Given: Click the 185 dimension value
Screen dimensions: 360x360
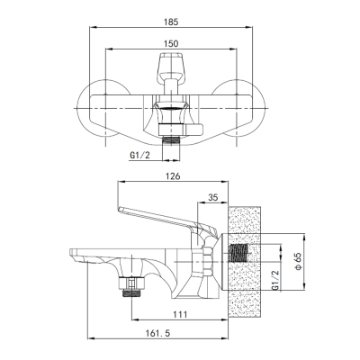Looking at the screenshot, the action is (x=171, y=22).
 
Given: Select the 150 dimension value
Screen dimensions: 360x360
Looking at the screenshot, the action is (x=171, y=44).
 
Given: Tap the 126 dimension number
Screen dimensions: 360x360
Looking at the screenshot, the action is (x=173, y=176).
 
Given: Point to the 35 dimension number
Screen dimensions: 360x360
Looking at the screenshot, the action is (x=212, y=198).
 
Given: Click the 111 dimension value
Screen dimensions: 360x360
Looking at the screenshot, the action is (x=180, y=314).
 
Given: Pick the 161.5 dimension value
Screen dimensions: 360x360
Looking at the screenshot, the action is (x=157, y=333).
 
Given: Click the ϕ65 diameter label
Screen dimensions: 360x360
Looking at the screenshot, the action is (x=299, y=261).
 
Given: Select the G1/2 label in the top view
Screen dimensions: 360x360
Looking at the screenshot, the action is (x=139, y=156).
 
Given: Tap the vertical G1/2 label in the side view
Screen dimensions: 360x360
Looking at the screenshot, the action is (x=275, y=280).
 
